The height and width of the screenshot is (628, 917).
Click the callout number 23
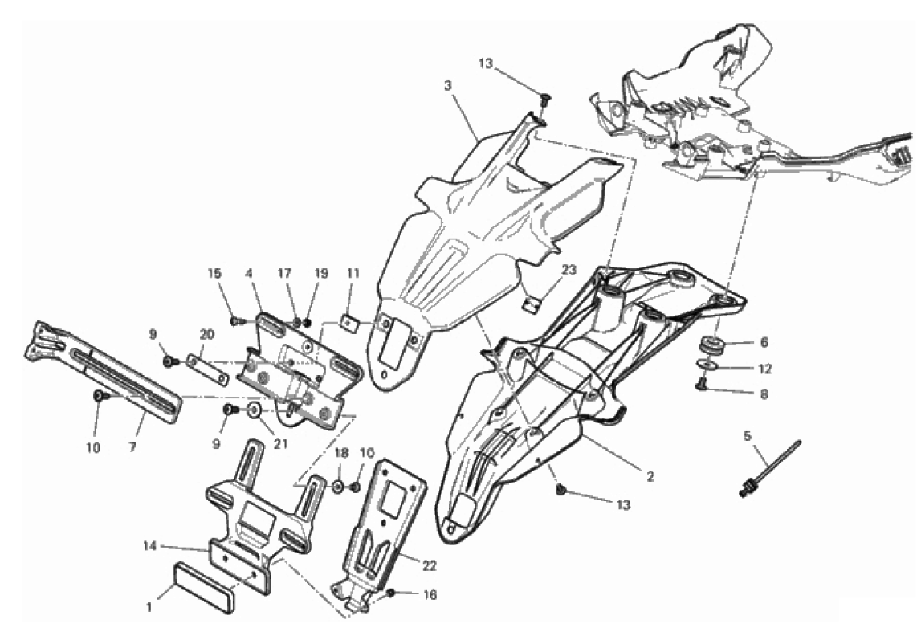pos(569,270)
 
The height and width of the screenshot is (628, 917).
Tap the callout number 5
pos(747,435)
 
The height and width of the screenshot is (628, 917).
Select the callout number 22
pos(429,567)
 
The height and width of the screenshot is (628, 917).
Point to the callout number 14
pos(150,546)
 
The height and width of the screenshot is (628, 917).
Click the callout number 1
pos(149,608)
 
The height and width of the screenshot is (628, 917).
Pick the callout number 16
pos(430,595)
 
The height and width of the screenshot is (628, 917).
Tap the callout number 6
pos(764,343)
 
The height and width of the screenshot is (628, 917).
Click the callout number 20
pos(206,334)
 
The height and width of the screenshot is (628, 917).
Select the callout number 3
pos(448,85)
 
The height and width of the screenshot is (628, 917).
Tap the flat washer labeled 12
pos(709,365)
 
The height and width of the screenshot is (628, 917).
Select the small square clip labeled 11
pos(350,323)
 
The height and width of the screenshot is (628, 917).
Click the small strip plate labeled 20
pos(207,370)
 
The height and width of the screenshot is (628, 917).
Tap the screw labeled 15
pos(237,321)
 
